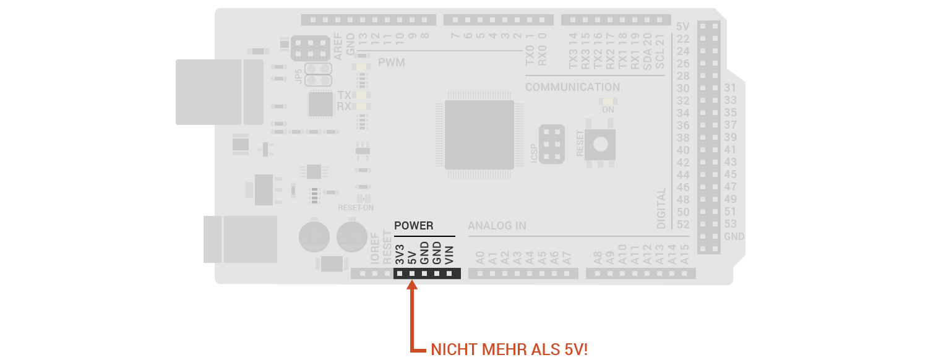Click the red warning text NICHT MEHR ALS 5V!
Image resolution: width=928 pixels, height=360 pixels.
[x=509, y=349]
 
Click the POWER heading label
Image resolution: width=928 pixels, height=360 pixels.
[x=414, y=226]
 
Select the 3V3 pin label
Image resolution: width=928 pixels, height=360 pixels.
[x=400, y=255]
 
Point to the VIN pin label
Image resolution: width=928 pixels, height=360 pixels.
[x=449, y=255]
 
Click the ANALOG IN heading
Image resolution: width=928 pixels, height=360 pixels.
[x=497, y=226]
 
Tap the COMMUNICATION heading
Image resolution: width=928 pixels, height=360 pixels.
[x=572, y=87]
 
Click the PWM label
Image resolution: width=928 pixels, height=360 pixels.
[x=391, y=62]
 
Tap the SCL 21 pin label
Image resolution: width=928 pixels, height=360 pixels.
[x=659, y=51]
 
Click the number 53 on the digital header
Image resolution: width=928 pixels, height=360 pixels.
[x=730, y=224]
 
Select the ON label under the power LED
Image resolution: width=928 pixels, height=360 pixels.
[x=608, y=109]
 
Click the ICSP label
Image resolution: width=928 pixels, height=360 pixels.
[x=534, y=154]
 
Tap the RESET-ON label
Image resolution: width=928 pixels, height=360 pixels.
[x=355, y=208]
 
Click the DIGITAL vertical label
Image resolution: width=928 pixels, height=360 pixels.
[x=662, y=208]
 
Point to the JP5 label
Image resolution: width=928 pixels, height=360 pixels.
[x=299, y=76]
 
